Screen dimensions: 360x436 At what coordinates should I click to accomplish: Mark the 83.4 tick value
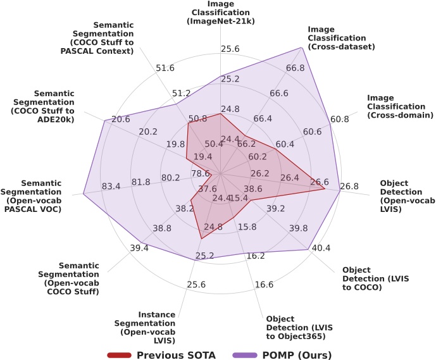[111, 186]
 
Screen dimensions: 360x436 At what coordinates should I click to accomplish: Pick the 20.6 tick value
[121, 119]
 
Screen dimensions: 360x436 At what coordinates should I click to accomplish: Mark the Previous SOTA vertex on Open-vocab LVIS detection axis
[325, 188]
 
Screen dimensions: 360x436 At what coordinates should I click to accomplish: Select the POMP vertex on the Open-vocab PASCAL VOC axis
[83, 194]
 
